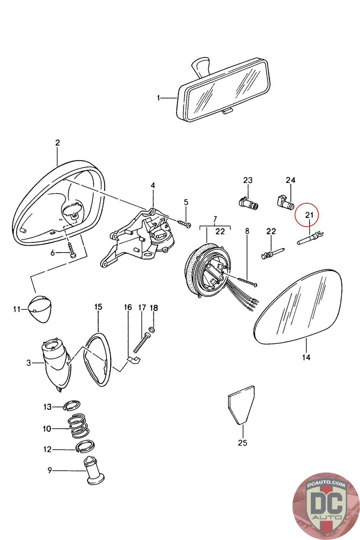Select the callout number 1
click(x=158, y=98)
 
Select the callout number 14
click(x=306, y=357)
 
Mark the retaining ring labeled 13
click(x=71, y=405)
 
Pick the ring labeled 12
click(x=84, y=447)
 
